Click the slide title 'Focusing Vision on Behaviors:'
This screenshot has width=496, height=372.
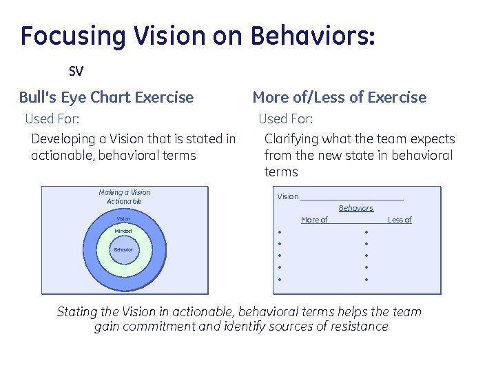[x=198, y=35]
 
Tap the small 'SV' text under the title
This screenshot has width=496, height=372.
[x=76, y=71]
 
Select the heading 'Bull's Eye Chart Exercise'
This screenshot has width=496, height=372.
[x=107, y=97]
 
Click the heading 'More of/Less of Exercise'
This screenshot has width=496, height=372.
[x=340, y=97]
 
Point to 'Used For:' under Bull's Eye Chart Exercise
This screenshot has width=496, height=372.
[x=52, y=119]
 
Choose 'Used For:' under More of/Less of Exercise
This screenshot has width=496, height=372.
[x=285, y=119]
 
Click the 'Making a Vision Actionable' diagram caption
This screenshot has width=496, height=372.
[x=124, y=196]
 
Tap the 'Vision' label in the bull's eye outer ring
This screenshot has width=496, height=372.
[x=123, y=219]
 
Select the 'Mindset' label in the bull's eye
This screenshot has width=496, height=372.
[x=123, y=231]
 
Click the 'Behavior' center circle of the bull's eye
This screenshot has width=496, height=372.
[x=123, y=249]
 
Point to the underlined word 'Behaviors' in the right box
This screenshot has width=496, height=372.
[x=355, y=208]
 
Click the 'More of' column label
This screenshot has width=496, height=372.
[x=314, y=220]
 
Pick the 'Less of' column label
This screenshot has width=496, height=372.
[x=400, y=220]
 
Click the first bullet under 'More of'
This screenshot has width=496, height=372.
[x=280, y=232]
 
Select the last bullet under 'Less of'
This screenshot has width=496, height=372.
[x=366, y=280]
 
